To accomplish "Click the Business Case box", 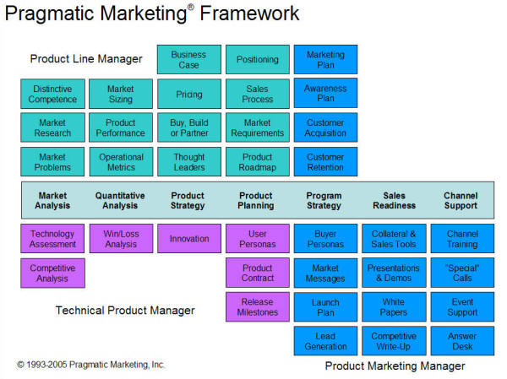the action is click(189, 59).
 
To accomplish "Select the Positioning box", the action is click(258, 59).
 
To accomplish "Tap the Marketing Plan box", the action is click(325, 59).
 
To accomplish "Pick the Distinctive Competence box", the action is click(52, 94).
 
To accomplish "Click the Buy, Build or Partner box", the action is click(189, 127).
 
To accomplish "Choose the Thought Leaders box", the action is click(189, 162).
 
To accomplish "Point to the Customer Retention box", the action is click(325, 162).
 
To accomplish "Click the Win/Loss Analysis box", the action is click(121, 238).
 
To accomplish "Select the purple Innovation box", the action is click(189, 238).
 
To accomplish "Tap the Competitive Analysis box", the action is click(52, 273).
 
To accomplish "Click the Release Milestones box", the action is click(258, 307).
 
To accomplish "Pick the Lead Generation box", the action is click(325, 341).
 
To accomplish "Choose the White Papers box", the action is click(394, 307).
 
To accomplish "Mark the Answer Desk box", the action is click(462, 341).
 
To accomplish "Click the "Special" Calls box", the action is click(462, 273).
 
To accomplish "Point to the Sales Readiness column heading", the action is click(394, 201).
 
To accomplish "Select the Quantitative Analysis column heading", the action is click(120, 201).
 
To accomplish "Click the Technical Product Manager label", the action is click(125, 311).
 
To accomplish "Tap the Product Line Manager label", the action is click(86, 59).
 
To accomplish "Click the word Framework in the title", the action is click(249, 14).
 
